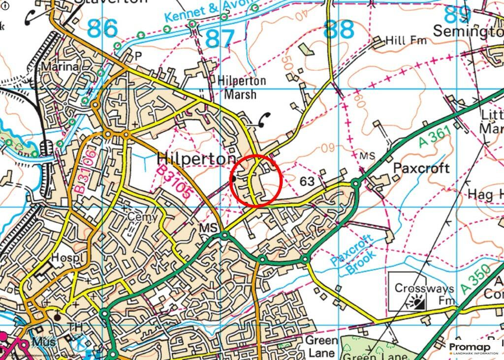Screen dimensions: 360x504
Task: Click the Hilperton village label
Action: point(196,159)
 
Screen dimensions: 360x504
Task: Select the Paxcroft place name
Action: point(421,168)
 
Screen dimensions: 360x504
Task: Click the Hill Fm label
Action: point(406,41)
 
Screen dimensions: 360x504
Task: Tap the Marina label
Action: point(60,66)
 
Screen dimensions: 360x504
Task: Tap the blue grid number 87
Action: point(219,39)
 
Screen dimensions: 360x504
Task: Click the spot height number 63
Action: point(307,181)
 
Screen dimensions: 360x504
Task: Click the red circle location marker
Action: point(255,180)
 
